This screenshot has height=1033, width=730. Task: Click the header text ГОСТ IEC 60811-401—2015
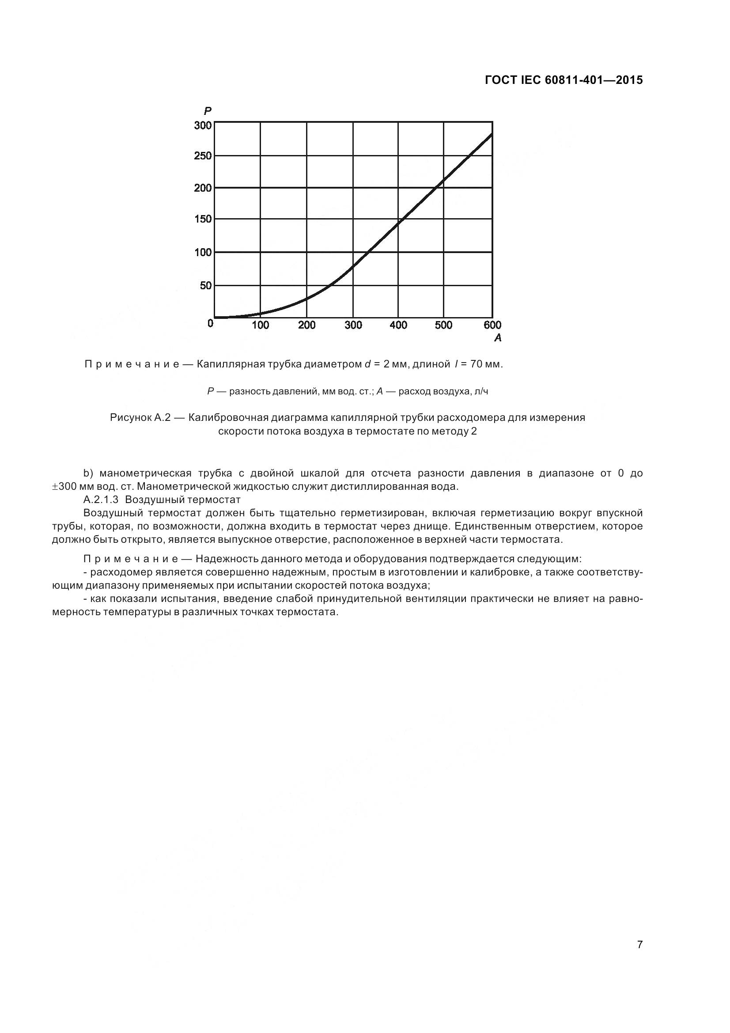[564, 80]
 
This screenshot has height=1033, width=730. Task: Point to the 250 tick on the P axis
[202, 155]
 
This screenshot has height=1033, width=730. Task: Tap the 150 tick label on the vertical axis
[202, 219]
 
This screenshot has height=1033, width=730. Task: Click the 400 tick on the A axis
[398, 325]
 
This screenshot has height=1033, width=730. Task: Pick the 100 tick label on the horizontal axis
[260, 325]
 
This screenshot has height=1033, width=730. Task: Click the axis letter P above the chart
[208, 111]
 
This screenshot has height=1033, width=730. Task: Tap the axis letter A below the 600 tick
[497, 337]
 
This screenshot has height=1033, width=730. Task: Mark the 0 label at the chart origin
[210, 323]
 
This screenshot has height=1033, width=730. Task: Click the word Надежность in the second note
[224, 559]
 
